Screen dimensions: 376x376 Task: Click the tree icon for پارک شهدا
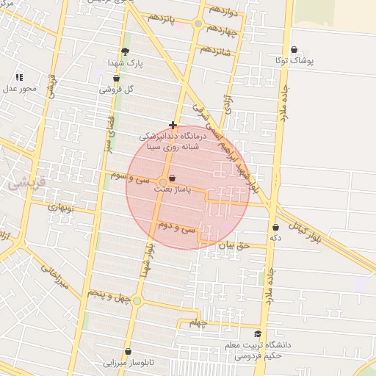pos(125,52)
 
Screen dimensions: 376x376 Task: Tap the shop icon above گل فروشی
pos(116,79)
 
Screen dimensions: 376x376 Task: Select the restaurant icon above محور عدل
pos(19,77)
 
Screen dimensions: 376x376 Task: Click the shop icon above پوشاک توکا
pos(294,50)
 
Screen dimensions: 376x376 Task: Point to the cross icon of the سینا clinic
pos(173,126)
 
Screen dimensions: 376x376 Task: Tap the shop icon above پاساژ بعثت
pos(173,178)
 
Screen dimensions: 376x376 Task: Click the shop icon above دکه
pos(275,228)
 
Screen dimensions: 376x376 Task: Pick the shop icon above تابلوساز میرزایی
pos(129,352)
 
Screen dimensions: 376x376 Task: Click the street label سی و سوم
pos(131,178)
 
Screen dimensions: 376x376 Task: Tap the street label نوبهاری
pos(62,208)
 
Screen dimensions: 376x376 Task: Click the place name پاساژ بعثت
pos(172,189)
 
